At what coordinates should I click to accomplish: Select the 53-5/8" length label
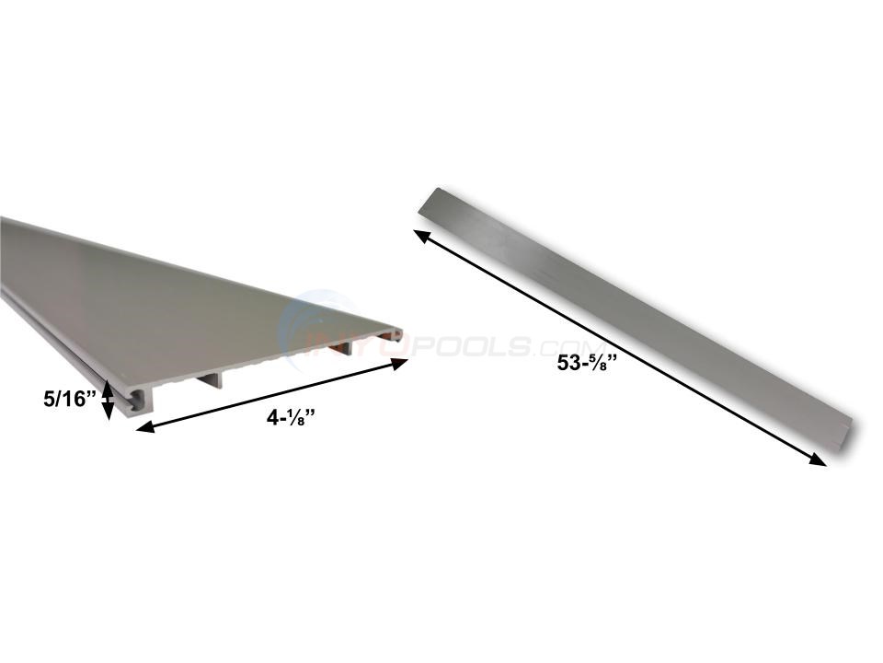pyautogui.click(x=585, y=363)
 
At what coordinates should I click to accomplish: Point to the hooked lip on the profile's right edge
pyautogui.click(x=397, y=335)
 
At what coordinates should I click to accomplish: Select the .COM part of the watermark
pyautogui.click(x=542, y=346)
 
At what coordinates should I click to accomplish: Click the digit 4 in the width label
pyautogui.click(x=272, y=416)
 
